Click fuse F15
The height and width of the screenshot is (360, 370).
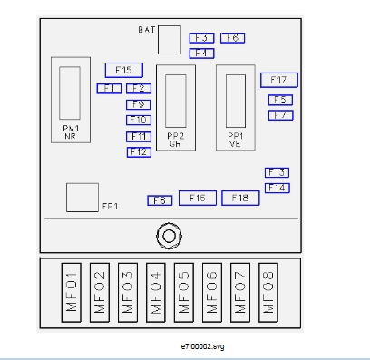pyautogui.click(x=124, y=70)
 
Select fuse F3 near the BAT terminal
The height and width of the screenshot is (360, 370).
pyautogui.click(x=201, y=38)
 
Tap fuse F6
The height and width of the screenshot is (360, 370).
pyautogui.click(x=232, y=38)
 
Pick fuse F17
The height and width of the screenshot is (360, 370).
pyautogui.click(x=279, y=80)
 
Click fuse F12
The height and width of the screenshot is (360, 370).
pyautogui.click(x=139, y=152)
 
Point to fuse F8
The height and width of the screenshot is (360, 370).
pyautogui.click(x=160, y=200)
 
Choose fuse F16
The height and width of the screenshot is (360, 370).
pyautogui.click(x=198, y=199)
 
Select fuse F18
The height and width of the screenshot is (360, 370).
pyautogui.click(x=240, y=199)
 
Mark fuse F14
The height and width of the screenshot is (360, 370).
pyautogui.click(x=277, y=188)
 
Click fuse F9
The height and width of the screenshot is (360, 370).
pyautogui.click(x=139, y=104)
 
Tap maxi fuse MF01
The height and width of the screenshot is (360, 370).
pyautogui.click(x=72, y=292)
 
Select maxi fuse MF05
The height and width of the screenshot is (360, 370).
pyautogui.click(x=184, y=292)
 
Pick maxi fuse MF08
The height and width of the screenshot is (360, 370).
pyautogui.click(x=268, y=292)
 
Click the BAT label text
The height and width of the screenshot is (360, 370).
pyautogui.click(x=147, y=30)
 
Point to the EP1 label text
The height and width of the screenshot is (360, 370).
pyautogui.click(x=110, y=207)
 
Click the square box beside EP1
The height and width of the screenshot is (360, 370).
pyautogui.click(x=83, y=198)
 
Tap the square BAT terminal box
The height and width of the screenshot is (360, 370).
pyautogui.click(x=170, y=40)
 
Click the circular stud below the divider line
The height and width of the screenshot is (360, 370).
pyautogui.click(x=170, y=236)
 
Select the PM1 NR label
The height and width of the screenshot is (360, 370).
pyautogui.click(x=71, y=132)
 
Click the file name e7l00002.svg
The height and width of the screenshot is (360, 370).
pyautogui.click(x=202, y=346)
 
